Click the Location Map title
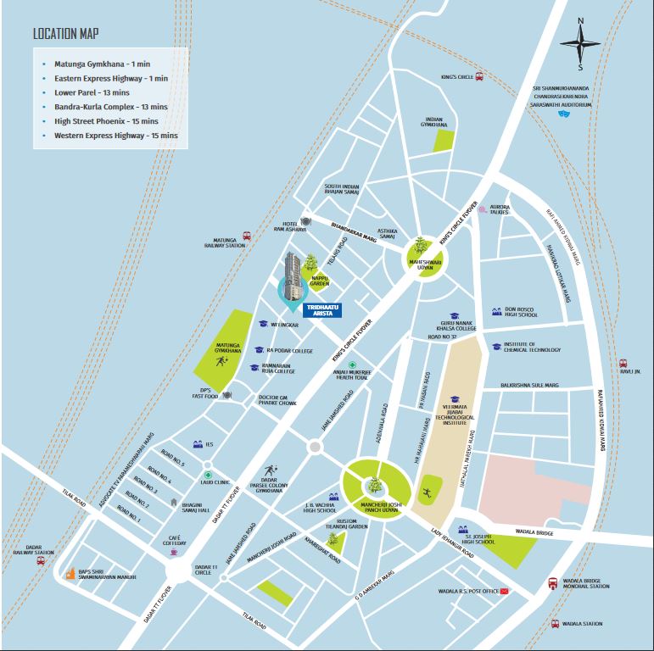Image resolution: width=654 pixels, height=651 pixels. (x=65, y=35)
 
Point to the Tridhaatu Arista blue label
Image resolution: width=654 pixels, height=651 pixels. (x=321, y=309)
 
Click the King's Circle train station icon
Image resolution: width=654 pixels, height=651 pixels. (x=479, y=76)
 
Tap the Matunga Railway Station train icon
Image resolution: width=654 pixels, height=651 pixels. (x=246, y=236)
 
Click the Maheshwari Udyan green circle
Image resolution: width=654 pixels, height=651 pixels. (x=422, y=251)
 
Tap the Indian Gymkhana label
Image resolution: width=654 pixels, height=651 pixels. (x=435, y=123)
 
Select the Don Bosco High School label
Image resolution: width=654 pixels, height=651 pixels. (x=521, y=312)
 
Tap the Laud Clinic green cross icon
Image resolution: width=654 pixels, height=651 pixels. (x=206, y=475)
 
